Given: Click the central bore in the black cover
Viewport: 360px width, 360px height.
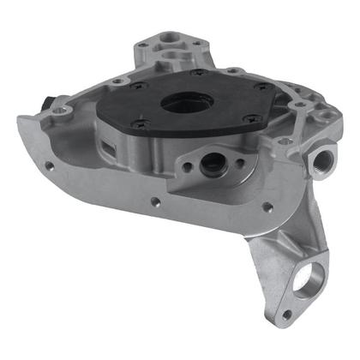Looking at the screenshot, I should [183, 102].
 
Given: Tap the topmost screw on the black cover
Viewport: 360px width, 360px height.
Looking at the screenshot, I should [199, 74].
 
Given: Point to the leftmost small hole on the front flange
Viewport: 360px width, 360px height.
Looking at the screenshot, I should [49, 166].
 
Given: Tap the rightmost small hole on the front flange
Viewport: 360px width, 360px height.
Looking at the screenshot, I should [267, 207].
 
